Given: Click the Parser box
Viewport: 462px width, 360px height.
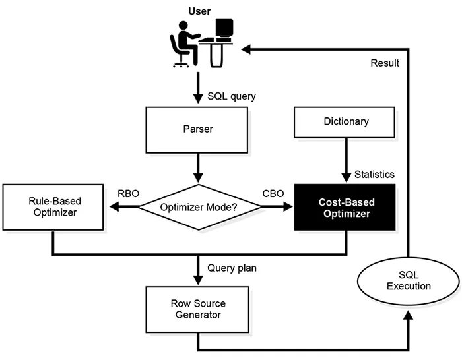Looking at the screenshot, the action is pos(197,130).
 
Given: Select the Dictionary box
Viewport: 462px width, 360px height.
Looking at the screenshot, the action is pos(345,123).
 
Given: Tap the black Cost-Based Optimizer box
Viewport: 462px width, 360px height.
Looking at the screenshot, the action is pos(345,207).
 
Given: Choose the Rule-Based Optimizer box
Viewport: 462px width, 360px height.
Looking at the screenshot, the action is pos(53,207).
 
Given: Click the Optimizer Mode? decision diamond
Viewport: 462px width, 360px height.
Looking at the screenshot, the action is pos(199,207).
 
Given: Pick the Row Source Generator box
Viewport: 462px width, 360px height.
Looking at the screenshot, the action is pos(197,310).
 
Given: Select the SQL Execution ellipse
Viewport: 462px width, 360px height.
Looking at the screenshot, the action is pos(409,281).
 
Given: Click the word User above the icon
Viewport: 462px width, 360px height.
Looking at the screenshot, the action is pos(199,11).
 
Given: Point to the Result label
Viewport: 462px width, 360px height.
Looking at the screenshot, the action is pos(385,63).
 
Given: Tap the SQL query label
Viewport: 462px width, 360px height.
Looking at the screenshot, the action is pos(232,96).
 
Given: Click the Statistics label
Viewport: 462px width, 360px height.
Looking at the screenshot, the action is pos(374,174).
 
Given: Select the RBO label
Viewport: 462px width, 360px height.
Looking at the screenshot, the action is pos(128,193).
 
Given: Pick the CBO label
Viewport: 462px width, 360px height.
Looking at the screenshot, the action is pos(273,193).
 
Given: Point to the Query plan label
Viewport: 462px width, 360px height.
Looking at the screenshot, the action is pos(232,268).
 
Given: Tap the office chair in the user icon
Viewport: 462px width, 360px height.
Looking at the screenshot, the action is pos(179,51).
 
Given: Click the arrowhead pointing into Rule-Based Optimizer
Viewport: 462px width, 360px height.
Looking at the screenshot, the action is pos(114,206).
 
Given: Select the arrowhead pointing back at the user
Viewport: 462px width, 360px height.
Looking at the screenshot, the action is pos(246,49).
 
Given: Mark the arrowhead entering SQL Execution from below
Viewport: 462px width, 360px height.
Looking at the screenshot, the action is pos(409,315).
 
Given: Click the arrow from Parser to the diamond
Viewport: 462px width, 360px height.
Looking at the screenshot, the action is pos(198,167).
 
